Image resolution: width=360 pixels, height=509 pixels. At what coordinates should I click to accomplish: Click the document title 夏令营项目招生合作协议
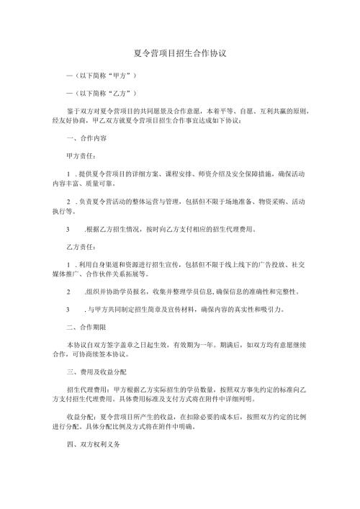coord(181,53)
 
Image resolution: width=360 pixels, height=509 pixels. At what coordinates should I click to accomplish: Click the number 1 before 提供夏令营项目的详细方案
coord(67,174)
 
